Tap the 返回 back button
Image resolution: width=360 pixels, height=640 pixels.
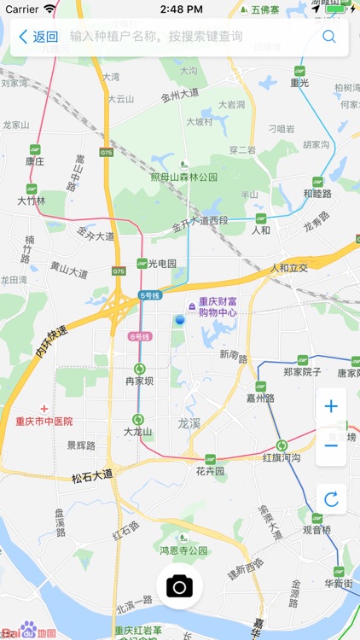click(x=38, y=37)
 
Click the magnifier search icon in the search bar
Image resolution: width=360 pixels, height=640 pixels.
click(x=328, y=37)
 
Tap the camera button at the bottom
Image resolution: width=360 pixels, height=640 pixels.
click(x=179, y=586)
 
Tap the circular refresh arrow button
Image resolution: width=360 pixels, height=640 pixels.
click(x=331, y=499)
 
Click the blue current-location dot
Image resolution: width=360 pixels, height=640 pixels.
click(x=179, y=319)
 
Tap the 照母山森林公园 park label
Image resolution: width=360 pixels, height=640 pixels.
click(x=184, y=177)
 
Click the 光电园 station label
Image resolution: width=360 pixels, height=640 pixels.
click(x=161, y=264)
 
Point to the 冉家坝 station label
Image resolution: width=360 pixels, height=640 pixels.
click(x=139, y=381)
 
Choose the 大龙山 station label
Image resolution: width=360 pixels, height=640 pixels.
click(x=137, y=432)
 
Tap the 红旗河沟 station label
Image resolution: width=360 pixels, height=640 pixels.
click(x=282, y=458)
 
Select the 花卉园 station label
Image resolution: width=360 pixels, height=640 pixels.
click(x=209, y=470)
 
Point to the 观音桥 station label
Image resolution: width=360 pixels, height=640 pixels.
click(x=316, y=529)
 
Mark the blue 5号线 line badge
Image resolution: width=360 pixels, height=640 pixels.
click(x=150, y=295)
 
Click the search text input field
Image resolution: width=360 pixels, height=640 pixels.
click(x=188, y=37)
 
